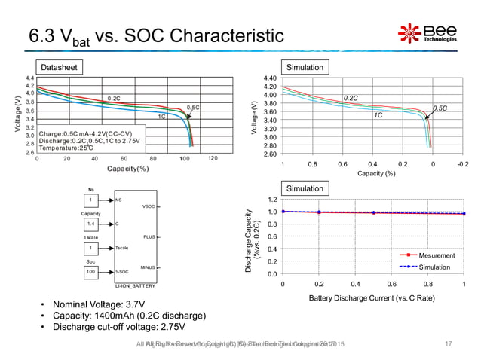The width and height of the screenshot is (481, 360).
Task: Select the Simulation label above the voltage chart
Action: (305, 67)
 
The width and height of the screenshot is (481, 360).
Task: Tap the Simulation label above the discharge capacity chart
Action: (305, 188)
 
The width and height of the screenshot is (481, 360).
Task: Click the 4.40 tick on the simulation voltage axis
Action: (268, 78)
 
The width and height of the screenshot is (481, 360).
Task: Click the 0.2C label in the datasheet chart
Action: (115, 98)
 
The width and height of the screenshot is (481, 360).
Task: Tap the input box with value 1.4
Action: (91, 224)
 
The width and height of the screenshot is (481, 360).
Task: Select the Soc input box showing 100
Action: (91, 270)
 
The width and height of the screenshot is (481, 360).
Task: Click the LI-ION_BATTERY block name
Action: (136, 287)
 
